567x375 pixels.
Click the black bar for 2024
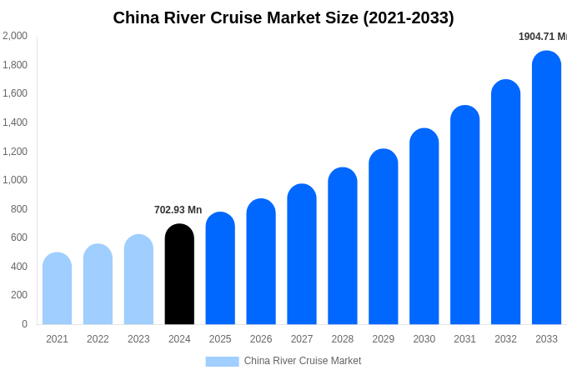click(x=179, y=274)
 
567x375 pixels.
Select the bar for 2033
click(x=546, y=187)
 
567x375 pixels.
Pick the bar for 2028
click(x=343, y=246)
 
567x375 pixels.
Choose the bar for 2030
click(x=424, y=226)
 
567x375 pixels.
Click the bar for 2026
click(x=261, y=262)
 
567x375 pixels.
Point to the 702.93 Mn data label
click(x=178, y=210)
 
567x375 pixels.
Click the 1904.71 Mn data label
click(x=542, y=37)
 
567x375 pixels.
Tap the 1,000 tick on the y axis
click(x=14, y=180)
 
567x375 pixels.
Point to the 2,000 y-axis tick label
click(x=14, y=36)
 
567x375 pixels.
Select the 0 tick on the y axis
click(x=24, y=324)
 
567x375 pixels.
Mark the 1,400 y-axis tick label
click(x=14, y=122)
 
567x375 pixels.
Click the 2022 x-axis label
click(x=98, y=339)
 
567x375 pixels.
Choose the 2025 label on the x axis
click(x=220, y=339)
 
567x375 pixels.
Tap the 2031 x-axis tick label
click(x=464, y=339)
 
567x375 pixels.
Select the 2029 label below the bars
click(x=384, y=339)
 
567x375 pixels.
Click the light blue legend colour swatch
click(x=222, y=362)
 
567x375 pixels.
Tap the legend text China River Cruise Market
click(x=302, y=361)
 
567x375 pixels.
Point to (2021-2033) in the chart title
click(x=408, y=17)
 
